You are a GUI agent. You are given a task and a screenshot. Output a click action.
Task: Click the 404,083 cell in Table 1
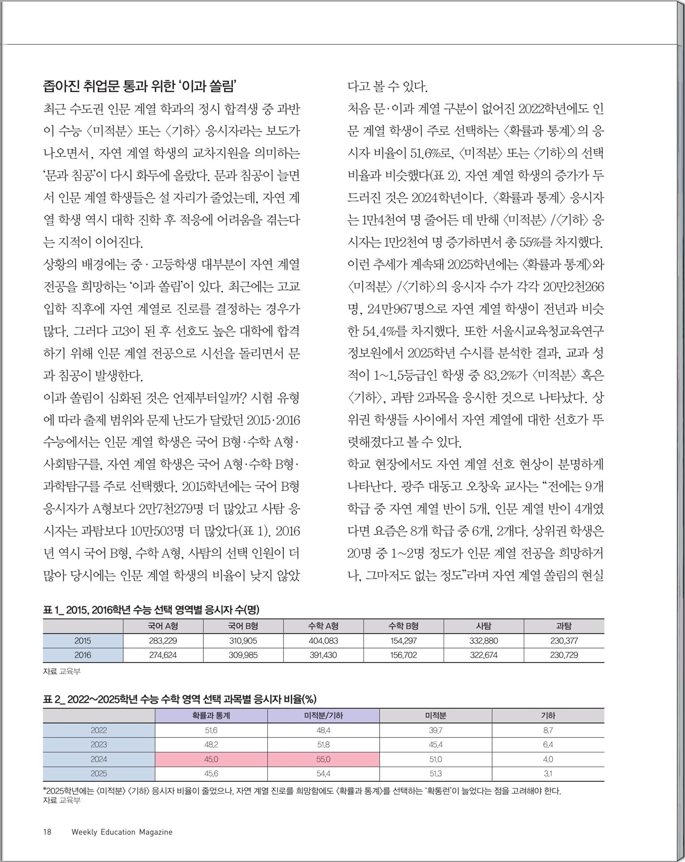(323, 640)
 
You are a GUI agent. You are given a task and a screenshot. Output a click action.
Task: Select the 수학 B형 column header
(403, 626)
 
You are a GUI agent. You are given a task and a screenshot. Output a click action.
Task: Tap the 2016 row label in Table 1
(83, 655)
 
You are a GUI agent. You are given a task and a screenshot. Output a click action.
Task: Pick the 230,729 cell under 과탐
(564, 655)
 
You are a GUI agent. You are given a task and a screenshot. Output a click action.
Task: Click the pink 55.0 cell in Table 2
(323, 759)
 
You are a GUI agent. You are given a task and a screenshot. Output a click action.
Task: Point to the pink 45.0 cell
(211, 759)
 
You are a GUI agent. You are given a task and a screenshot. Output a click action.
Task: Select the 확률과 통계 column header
(211, 716)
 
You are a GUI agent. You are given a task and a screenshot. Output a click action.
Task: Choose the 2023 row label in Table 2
(99, 745)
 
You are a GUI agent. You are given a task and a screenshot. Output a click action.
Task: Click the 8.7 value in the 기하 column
(548, 730)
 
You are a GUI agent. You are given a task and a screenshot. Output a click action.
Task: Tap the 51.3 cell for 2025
(436, 773)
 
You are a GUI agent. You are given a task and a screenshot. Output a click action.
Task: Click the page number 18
(47, 832)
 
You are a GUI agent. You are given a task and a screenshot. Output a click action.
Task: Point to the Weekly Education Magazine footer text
(122, 832)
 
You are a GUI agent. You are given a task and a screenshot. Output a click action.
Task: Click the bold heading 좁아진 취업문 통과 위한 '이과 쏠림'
(139, 85)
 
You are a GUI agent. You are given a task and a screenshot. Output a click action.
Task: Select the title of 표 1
(151, 610)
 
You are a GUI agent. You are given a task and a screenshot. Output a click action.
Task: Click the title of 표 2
(180, 699)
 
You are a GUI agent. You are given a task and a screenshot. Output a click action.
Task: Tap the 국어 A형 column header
(163, 626)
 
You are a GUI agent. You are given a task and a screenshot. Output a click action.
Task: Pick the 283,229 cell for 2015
(163, 640)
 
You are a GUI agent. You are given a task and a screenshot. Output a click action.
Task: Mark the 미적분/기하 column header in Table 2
(323, 716)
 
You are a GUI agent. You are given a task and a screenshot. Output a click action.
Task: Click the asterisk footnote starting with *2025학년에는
(302, 791)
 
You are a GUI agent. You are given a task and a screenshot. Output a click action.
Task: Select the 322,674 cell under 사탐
(484, 655)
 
